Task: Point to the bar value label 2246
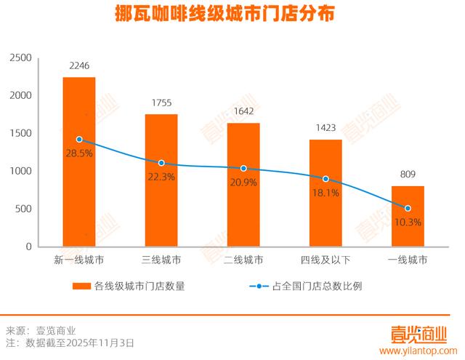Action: point(78,66)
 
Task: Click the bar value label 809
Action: point(408,175)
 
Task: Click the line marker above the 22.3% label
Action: point(161,163)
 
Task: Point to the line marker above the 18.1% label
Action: point(325,179)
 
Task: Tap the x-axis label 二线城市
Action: point(243,259)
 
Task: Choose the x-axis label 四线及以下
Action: point(325,259)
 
